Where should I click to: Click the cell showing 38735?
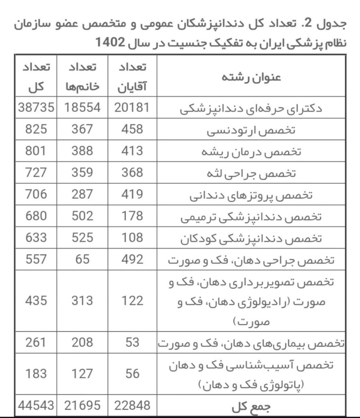[x=36, y=108]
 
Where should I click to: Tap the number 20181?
[x=132, y=108]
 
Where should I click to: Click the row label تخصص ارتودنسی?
[x=251, y=130]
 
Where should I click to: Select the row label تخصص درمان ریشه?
[x=251, y=152]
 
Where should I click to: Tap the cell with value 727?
[x=36, y=172]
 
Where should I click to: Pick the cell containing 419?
[x=132, y=194]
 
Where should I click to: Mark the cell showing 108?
[x=132, y=237]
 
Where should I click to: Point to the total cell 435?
[x=36, y=301]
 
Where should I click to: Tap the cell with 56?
[x=132, y=373]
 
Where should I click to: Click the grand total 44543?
[x=36, y=405]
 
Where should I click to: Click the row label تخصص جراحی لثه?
[x=251, y=173]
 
